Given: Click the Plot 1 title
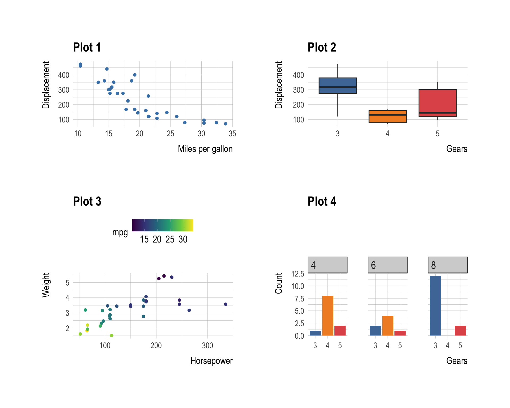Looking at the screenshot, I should point(87,48).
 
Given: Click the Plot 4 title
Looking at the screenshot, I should point(322,202).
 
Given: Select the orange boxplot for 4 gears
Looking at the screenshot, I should point(388,117).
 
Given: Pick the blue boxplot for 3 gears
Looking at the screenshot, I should point(338,86).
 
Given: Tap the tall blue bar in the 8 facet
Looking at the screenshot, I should point(435,306).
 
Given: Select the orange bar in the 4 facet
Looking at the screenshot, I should point(328,316).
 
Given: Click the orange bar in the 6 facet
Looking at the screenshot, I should point(388,326).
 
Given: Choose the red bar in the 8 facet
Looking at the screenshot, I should point(460,331).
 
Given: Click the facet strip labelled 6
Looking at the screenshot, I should point(388,265).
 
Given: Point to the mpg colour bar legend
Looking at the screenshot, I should point(163,225).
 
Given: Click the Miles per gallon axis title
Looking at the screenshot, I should point(205,149).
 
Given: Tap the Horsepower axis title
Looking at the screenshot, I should point(211,361).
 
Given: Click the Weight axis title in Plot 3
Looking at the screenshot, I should point(46,285).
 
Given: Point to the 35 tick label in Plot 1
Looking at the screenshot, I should point(232,134).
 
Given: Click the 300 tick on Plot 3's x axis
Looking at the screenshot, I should point(207,346).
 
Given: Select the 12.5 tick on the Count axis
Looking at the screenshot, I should point(297,274).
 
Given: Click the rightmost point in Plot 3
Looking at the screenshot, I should point(226,304).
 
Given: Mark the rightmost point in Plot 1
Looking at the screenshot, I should point(226,124).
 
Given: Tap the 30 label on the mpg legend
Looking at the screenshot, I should point(183,240).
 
